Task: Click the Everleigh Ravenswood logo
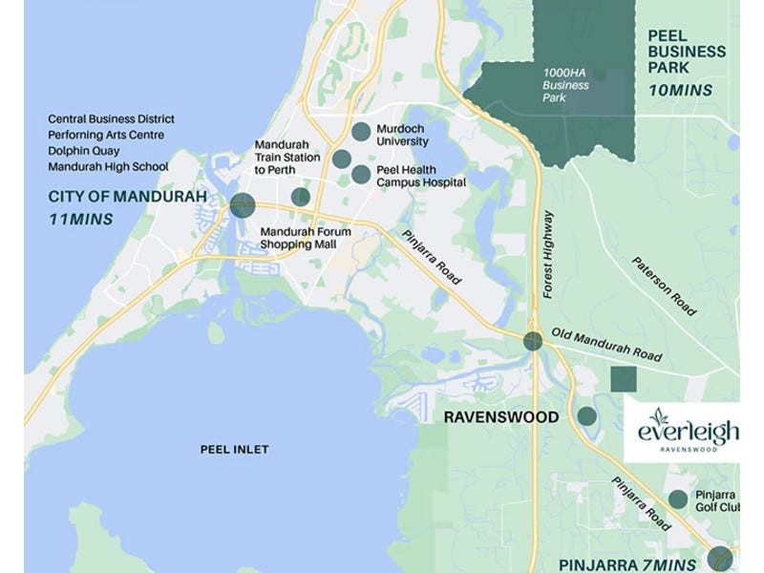pos(681,432)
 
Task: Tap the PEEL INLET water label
pos(234,449)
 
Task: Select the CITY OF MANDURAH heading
pos(127,198)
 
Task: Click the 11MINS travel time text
pos(80,220)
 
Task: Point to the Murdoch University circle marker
pos(361,132)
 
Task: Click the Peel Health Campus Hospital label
pos(421,176)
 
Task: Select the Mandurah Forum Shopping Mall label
pos(306,238)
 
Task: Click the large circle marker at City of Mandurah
pos(243,204)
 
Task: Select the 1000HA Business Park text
pos(566,85)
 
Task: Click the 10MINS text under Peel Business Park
pos(680,91)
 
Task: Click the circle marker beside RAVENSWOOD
pos(586,416)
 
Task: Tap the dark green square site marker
pos(623,379)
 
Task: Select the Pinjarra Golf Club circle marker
pos(678,499)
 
